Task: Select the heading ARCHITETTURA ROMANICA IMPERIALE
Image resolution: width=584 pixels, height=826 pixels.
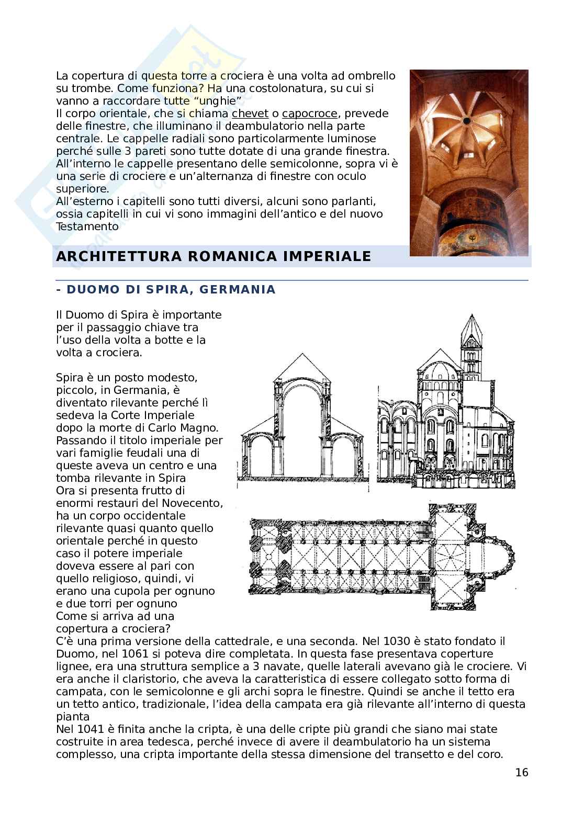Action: coord(213,256)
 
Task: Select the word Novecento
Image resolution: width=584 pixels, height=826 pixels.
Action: coord(193,503)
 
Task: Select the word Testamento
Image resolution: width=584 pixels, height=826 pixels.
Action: coord(87,227)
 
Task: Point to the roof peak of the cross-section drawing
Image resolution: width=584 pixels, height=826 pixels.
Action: coord(302,355)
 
